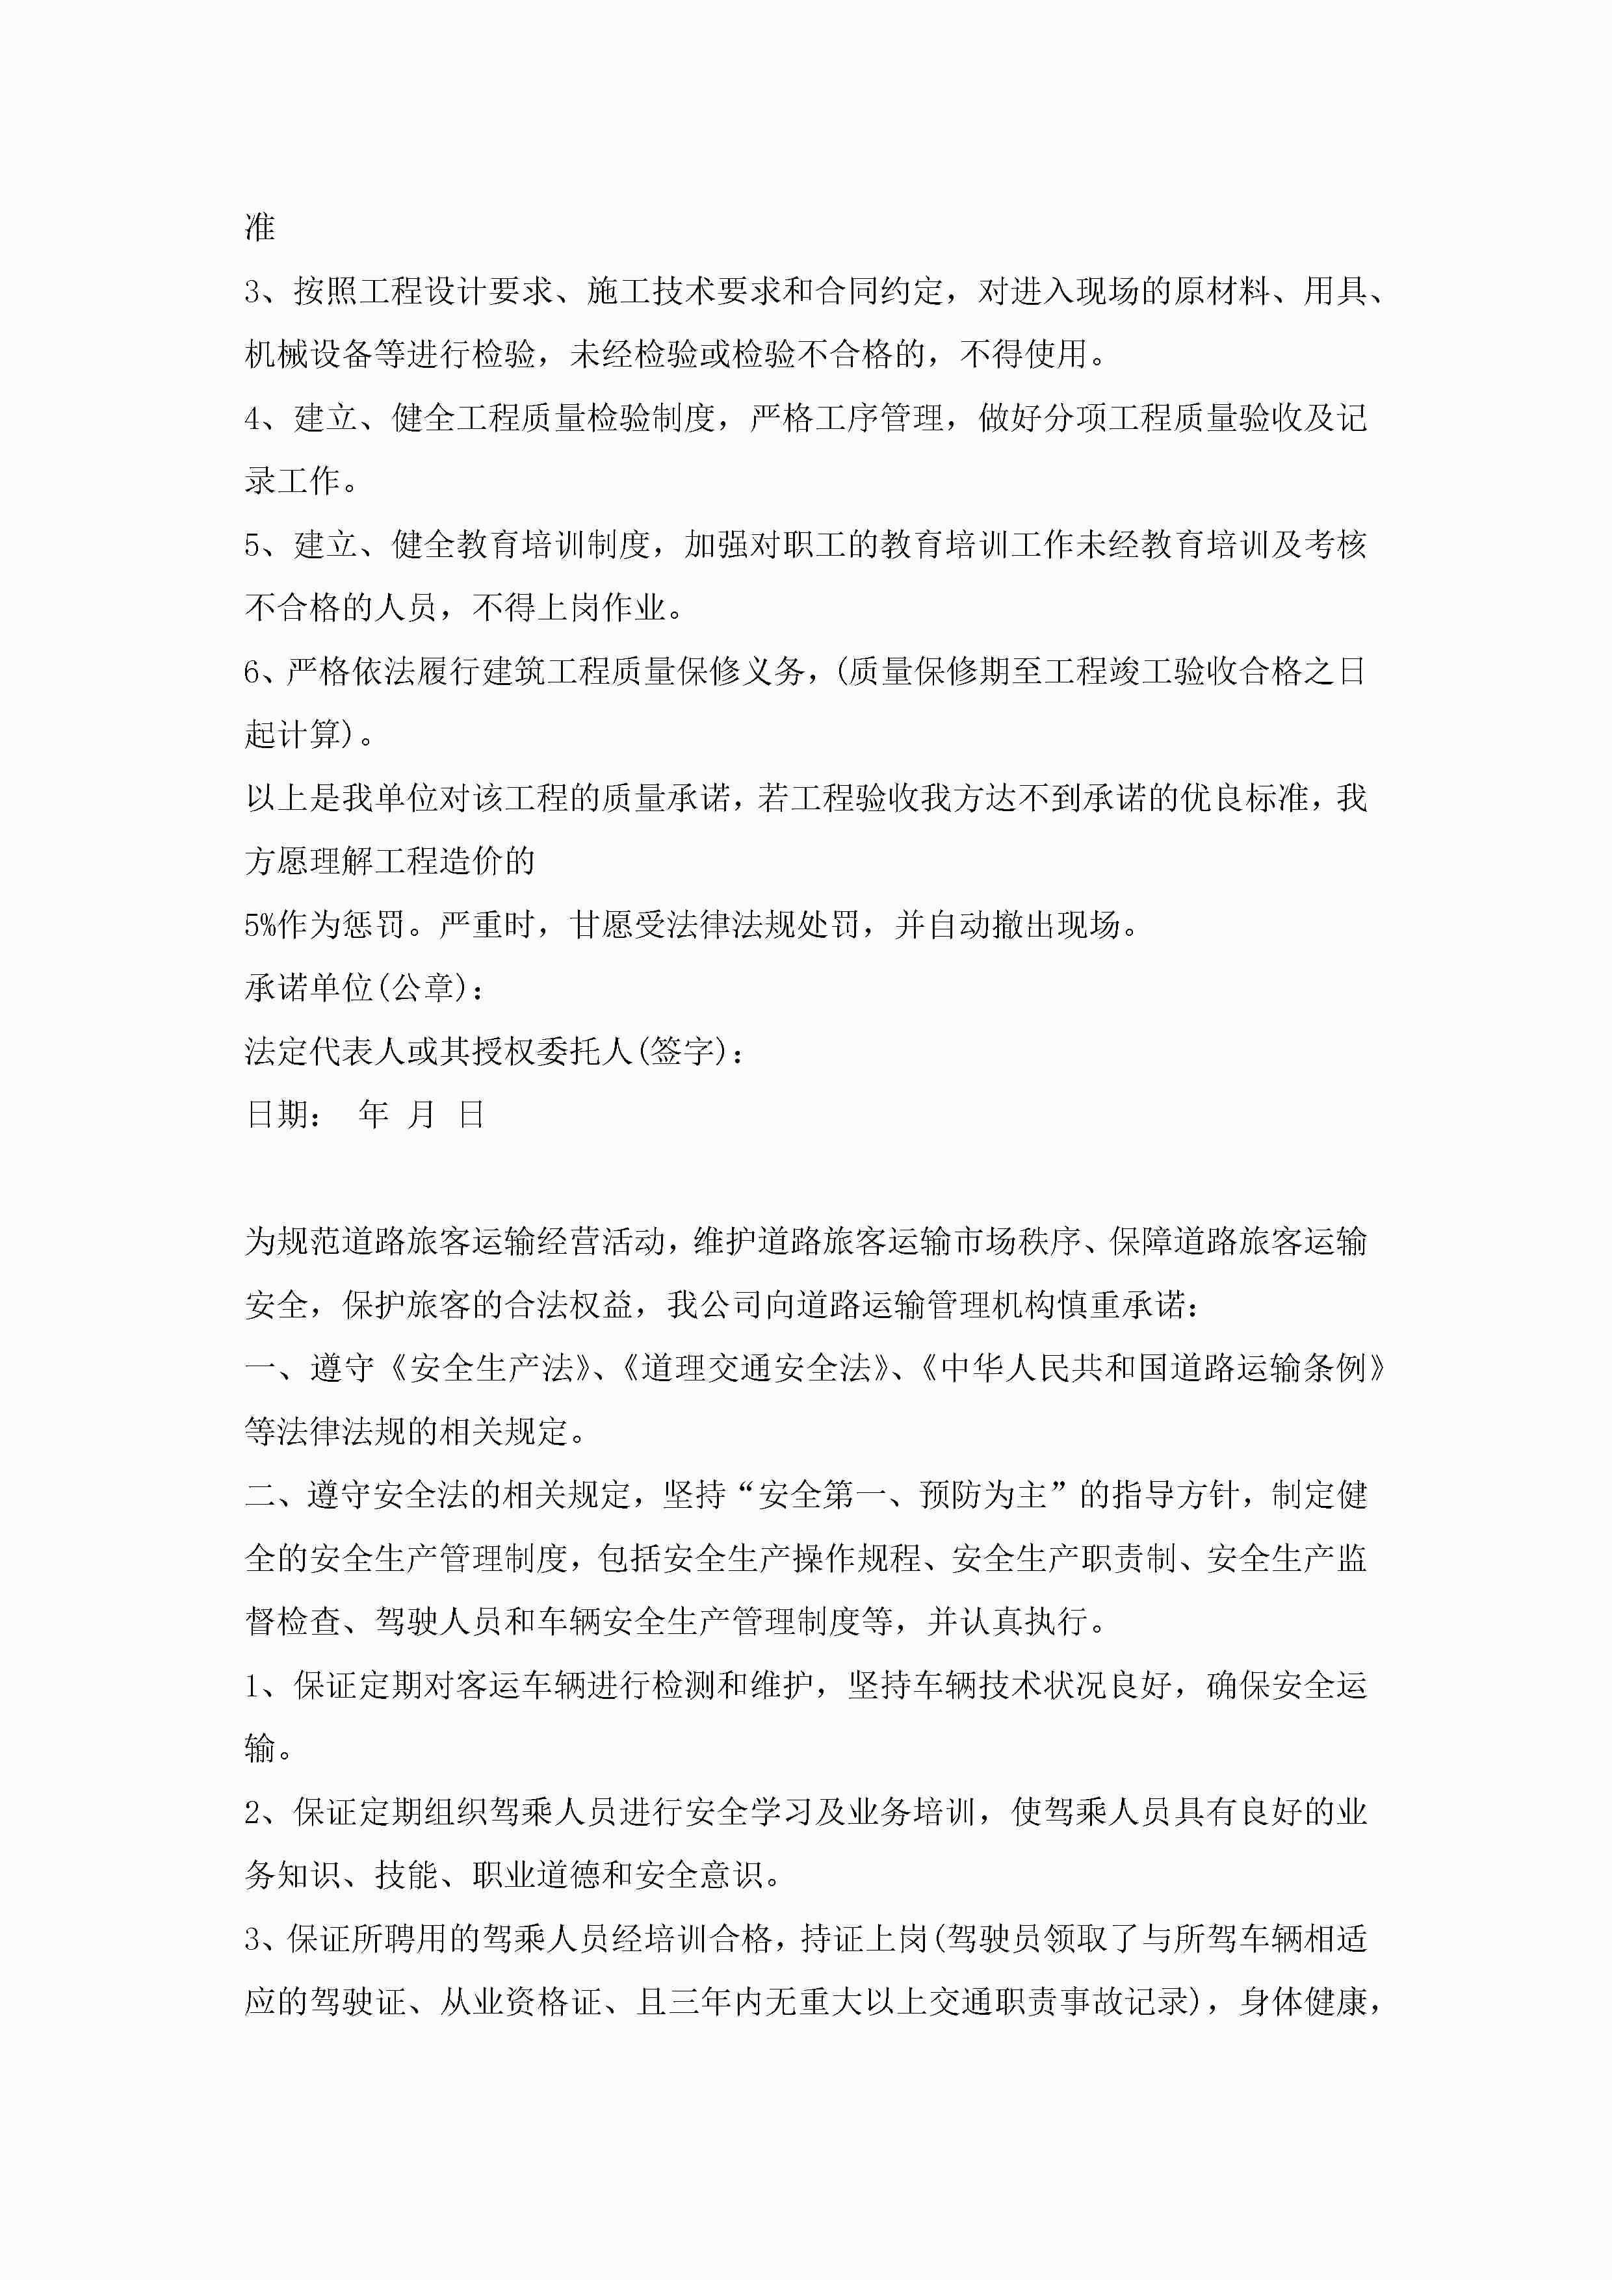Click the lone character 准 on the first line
pyautogui.click(x=260, y=227)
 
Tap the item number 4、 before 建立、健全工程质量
pyautogui.click(x=267, y=418)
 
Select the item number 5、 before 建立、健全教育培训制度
pyautogui.click(x=267, y=544)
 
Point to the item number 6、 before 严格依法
pyautogui.click(x=264, y=671)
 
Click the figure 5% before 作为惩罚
pyautogui.click(x=260, y=924)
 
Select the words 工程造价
pyautogui.click(x=438, y=861)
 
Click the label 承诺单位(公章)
pyautogui.click(x=356, y=987)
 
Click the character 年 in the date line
pyautogui.click(x=374, y=1114)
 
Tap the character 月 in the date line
pyautogui.click(x=422, y=1114)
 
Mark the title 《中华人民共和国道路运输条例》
pyautogui.click(x=1152, y=1367)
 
